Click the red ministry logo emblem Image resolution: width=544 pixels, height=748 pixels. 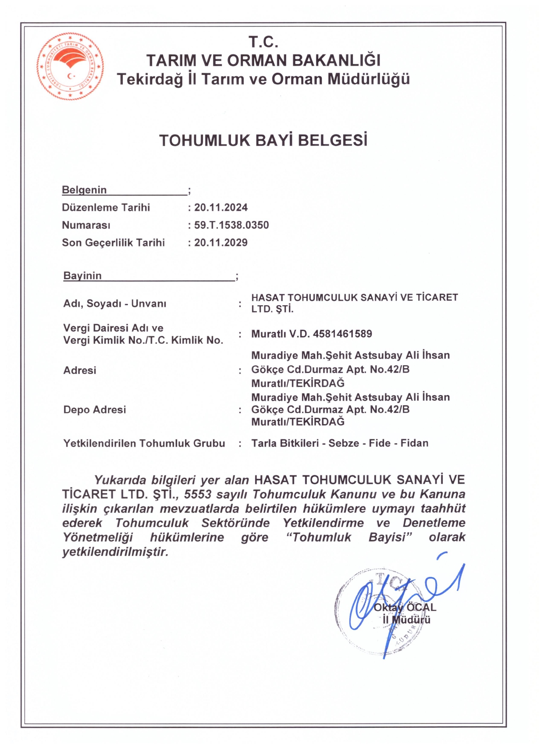(x=70, y=67)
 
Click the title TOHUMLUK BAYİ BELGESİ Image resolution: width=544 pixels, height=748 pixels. (x=263, y=140)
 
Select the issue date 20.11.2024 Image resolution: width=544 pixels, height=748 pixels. (x=221, y=207)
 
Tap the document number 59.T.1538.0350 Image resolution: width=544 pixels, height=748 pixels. (x=231, y=225)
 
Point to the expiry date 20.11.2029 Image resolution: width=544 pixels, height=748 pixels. (x=221, y=242)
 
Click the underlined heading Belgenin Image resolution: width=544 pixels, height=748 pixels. (x=84, y=190)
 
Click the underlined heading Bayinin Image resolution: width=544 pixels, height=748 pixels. (x=82, y=276)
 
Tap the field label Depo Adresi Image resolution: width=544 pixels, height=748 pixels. (x=95, y=410)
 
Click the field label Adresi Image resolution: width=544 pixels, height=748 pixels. (x=80, y=370)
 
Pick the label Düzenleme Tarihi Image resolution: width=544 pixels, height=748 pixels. (x=106, y=207)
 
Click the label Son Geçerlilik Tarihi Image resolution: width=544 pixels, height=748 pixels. (x=114, y=242)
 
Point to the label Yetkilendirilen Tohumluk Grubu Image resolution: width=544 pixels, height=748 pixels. (x=144, y=443)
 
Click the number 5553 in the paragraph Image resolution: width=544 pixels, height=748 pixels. (x=198, y=494)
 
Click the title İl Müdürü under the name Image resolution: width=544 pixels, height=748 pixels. (x=406, y=620)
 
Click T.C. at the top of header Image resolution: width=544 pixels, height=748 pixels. (x=263, y=42)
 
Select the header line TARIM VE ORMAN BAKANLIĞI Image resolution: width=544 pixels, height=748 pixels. (x=263, y=61)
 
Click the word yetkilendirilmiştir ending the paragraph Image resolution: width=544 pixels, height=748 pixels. (x=115, y=552)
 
